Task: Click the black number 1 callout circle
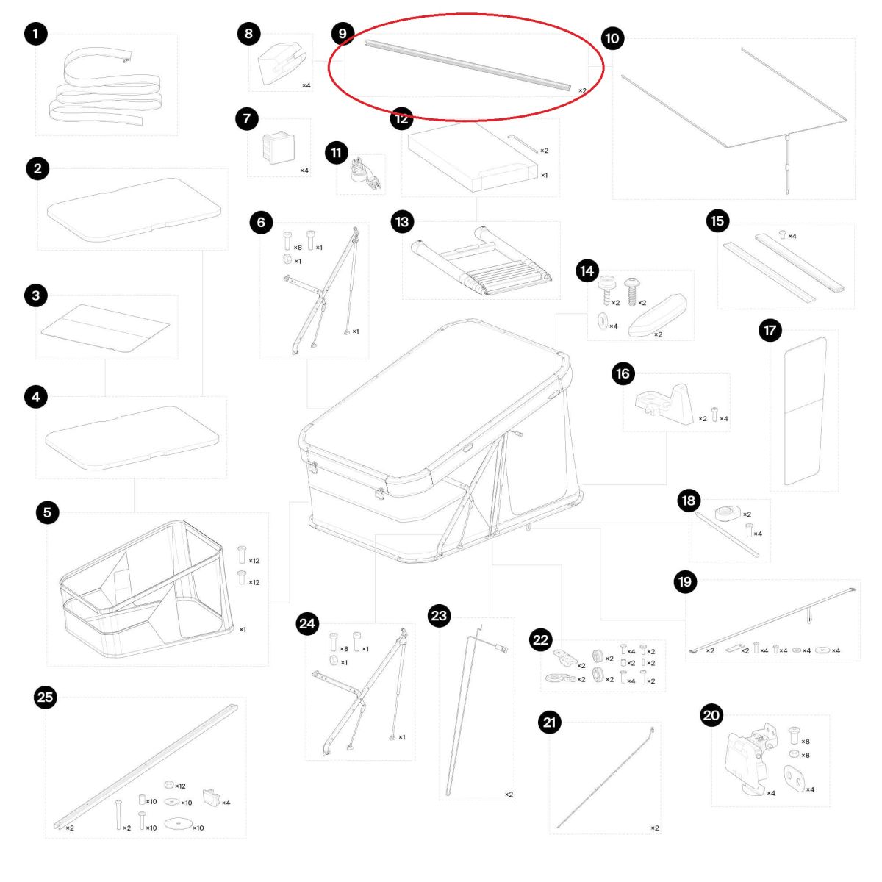pyautogui.click(x=36, y=34)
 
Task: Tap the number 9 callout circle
pyautogui.click(x=343, y=33)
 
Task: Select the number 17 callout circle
pyautogui.click(x=770, y=331)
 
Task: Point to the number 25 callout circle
pyautogui.click(x=46, y=698)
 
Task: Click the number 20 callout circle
pyautogui.click(x=711, y=715)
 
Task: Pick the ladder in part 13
pyautogui.click(x=481, y=262)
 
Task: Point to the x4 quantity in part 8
pyautogui.click(x=306, y=85)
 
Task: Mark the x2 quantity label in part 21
pyautogui.click(x=655, y=828)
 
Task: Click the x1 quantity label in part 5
pyautogui.click(x=243, y=629)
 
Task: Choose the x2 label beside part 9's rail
pyautogui.click(x=582, y=90)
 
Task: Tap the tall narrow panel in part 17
pyautogui.click(x=806, y=411)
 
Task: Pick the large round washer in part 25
pyautogui.click(x=178, y=822)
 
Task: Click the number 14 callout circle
pyautogui.click(x=587, y=271)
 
